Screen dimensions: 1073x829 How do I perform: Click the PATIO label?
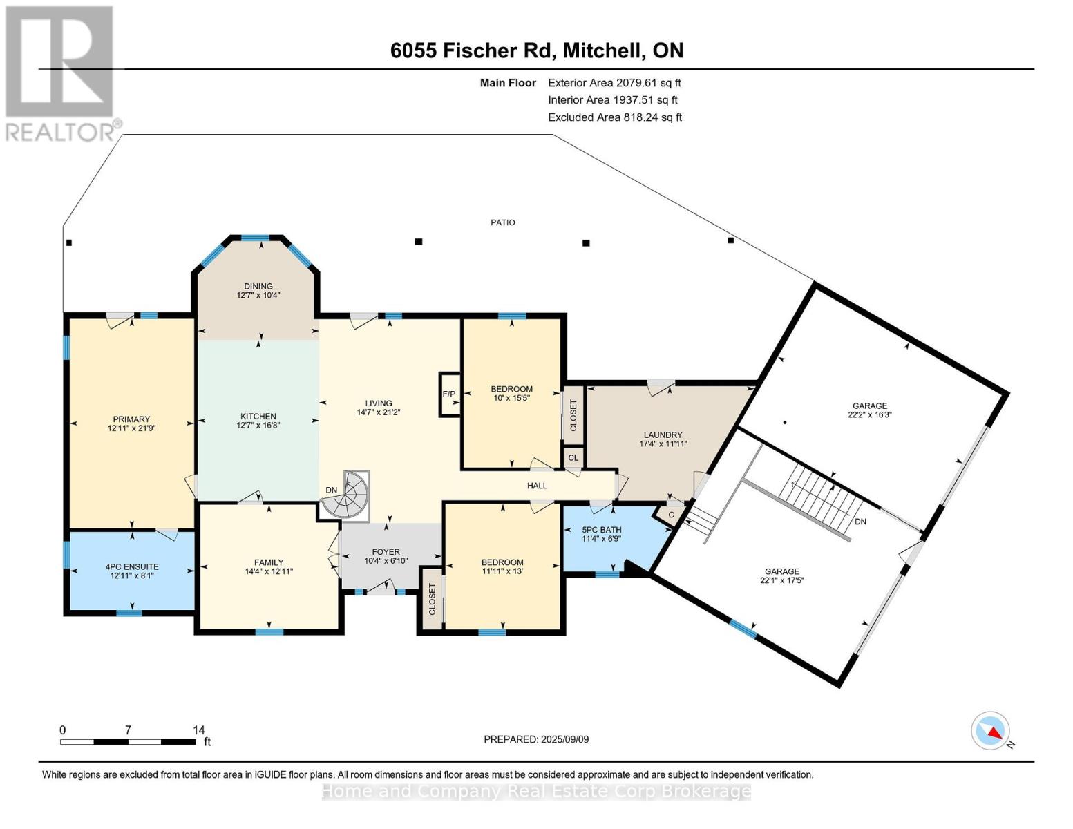point(503,222)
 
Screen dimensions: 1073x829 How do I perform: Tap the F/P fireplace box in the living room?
point(449,394)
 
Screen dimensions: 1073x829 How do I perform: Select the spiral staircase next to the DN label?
point(345,495)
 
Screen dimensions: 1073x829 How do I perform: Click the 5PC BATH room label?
point(601,530)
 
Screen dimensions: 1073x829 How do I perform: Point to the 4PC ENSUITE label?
point(132,566)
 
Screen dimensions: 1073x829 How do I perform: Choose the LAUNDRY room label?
point(663,435)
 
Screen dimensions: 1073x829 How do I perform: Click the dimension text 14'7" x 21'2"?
point(378,412)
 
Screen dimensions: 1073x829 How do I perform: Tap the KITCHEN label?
point(258,417)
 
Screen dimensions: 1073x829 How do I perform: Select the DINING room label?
point(258,287)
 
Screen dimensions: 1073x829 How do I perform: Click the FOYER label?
point(386,552)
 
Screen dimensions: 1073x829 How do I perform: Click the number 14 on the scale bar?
point(198,730)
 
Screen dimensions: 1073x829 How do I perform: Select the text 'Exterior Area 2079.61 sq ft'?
point(614,83)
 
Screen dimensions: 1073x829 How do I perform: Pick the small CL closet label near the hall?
point(573,458)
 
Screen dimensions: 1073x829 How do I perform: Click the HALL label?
point(537,486)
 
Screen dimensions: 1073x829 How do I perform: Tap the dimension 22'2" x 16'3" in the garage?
point(870,414)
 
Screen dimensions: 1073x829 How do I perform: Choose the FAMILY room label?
point(269,562)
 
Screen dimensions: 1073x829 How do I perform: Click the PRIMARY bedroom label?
point(131,420)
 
